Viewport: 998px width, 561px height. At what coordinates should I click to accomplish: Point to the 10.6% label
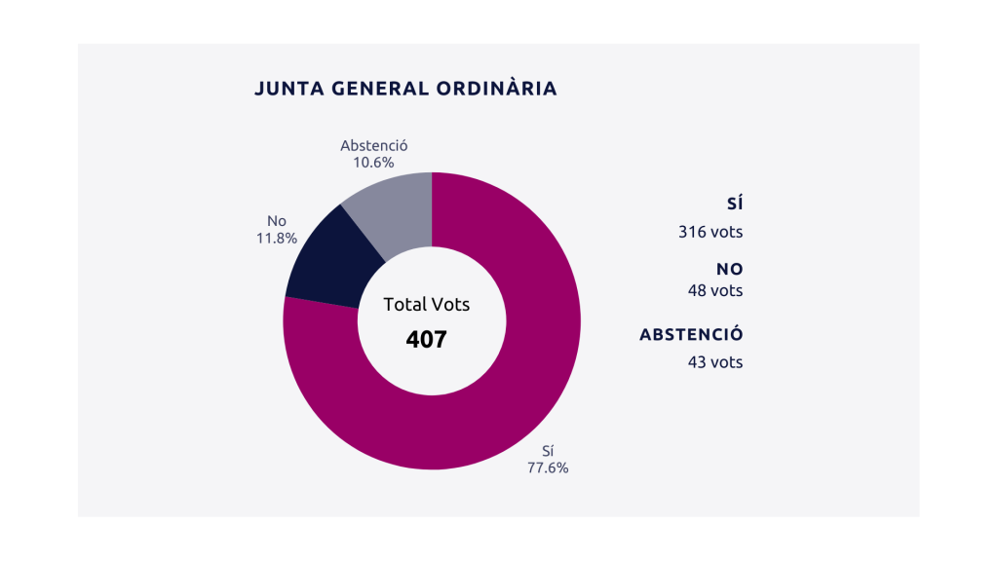click(x=373, y=163)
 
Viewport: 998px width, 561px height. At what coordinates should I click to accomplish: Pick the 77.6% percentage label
click(x=548, y=467)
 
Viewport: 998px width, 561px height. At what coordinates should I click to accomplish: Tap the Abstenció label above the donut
click(x=373, y=146)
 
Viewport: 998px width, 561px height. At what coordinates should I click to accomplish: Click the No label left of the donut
click(x=276, y=221)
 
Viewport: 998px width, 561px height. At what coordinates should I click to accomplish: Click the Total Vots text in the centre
click(x=427, y=305)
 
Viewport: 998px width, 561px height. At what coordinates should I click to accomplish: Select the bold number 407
click(x=427, y=340)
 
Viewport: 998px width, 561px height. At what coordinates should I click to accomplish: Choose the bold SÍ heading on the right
click(x=735, y=205)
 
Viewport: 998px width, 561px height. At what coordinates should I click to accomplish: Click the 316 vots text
click(x=710, y=233)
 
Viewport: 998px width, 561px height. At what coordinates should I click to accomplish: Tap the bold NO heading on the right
click(x=730, y=270)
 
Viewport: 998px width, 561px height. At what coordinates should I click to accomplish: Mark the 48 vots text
click(x=715, y=291)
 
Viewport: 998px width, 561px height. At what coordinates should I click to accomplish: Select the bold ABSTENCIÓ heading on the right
click(x=691, y=335)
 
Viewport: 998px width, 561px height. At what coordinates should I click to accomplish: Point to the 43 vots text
click(x=715, y=362)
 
